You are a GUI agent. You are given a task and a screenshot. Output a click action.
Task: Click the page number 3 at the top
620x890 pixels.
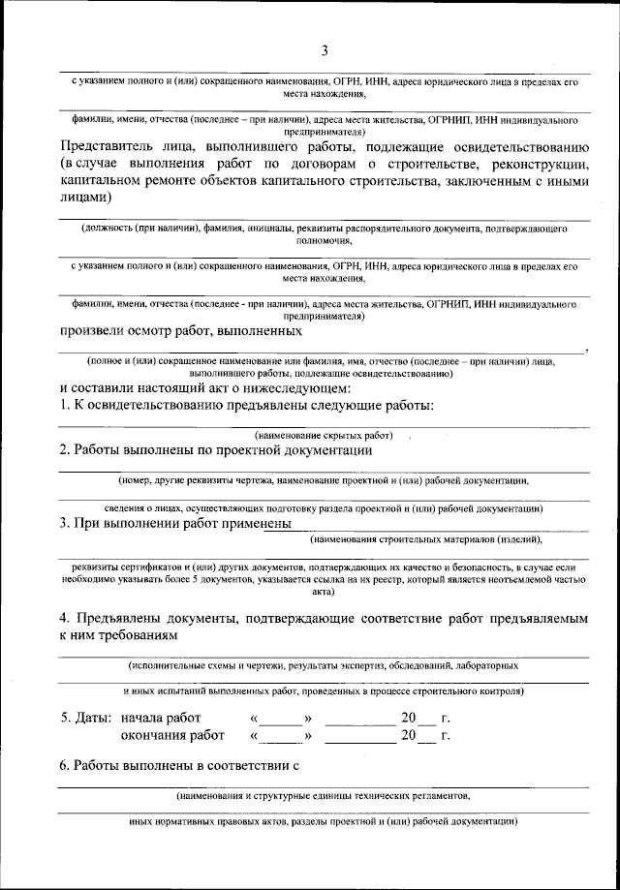click(325, 50)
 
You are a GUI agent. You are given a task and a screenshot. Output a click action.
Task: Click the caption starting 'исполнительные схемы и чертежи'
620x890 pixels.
click(324, 666)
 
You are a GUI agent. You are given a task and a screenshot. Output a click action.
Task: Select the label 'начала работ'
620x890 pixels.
click(161, 719)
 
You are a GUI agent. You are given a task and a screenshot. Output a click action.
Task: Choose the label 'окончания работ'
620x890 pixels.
click(166, 736)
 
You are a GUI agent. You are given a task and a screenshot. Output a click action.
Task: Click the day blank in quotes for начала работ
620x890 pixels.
click(281, 719)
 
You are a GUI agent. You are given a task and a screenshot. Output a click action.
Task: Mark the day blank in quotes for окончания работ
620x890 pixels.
click(281, 736)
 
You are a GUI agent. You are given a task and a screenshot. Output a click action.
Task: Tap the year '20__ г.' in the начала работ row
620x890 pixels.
click(426, 719)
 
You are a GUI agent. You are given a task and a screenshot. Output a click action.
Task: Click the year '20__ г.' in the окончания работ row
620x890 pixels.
click(426, 736)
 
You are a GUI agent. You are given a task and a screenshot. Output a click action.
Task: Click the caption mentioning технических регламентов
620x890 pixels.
click(324, 795)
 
